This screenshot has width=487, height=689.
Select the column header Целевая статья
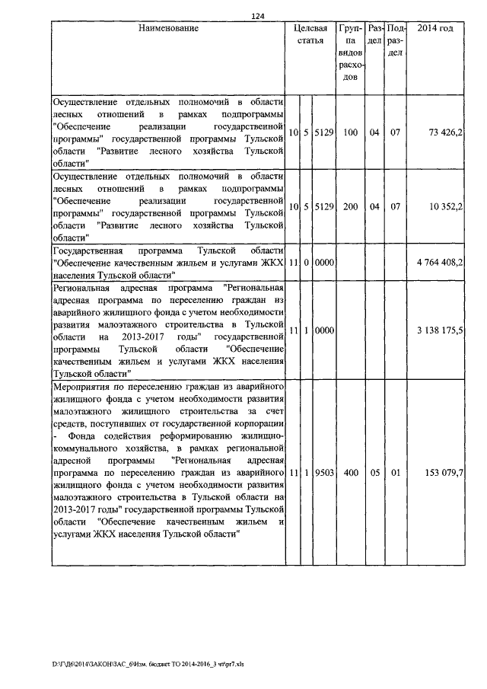point(310,34)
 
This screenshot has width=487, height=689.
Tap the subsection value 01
point(396,473)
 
